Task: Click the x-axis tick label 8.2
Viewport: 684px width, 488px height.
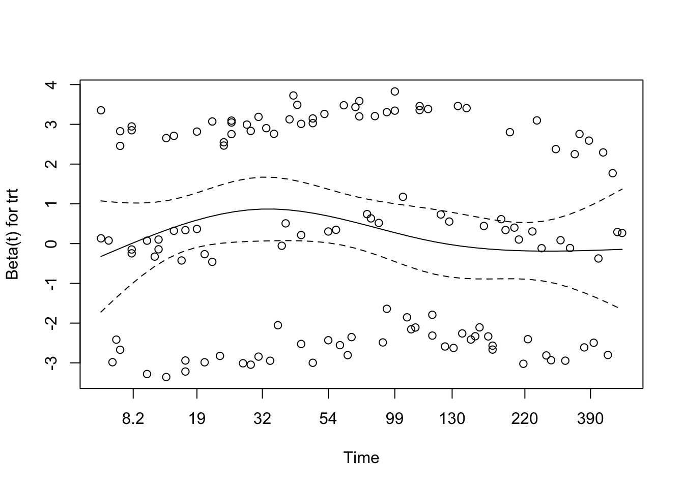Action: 133,419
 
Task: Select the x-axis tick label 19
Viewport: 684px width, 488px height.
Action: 197,419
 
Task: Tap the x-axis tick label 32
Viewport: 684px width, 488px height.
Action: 262,419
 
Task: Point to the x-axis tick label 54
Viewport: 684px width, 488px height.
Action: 328,419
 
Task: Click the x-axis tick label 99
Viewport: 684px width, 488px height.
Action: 394,419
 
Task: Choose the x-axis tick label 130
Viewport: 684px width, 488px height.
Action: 452,419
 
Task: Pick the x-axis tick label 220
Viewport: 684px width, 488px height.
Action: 524,419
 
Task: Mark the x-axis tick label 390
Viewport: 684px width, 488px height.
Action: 590,419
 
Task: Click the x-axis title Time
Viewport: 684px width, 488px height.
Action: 361,458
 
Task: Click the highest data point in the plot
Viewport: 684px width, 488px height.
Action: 394,91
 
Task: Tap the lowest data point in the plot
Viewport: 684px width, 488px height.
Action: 166,377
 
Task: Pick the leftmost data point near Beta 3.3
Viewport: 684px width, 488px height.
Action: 101,110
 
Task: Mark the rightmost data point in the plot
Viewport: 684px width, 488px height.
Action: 622,233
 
